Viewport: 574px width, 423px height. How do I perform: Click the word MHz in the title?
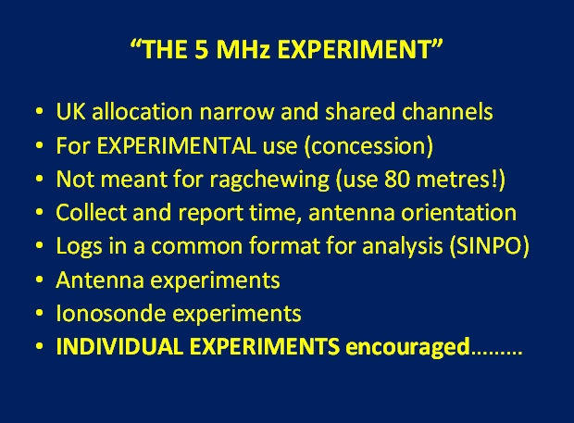tap(243, 49)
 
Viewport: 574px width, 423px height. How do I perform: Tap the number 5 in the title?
tap(201, 49)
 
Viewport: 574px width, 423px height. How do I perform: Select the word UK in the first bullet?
tap(70, 111)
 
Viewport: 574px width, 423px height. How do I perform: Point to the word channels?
tap(447, 111)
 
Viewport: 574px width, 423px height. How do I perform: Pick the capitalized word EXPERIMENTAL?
tap(176, 145)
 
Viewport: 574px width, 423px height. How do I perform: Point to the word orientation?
tap(458, 213)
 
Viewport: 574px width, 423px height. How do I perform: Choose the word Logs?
tap(79, 246)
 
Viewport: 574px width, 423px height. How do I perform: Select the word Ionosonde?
tap(110, 313)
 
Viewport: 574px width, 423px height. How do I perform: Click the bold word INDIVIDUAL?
tap(119, 346)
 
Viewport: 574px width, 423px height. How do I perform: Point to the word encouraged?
tap(407, 347)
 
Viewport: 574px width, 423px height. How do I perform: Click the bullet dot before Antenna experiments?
tap(39, 280)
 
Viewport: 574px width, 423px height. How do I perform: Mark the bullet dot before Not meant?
tap(39, 180)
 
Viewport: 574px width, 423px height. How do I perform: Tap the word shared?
tap(360, 111)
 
